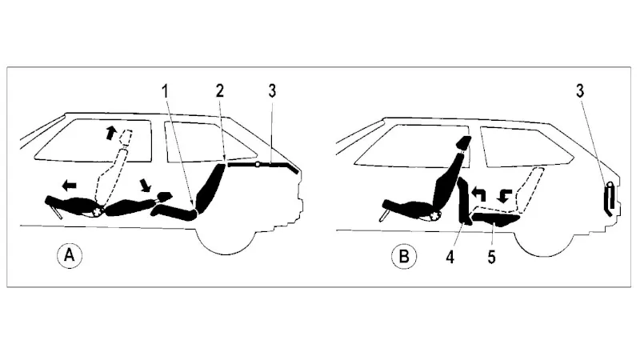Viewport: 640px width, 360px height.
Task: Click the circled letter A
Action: pos(70,255)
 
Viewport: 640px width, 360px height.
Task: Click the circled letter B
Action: pos(404,257)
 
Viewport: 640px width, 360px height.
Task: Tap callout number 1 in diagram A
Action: pos(166,91)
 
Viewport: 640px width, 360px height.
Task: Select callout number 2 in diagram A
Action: pos(220,90)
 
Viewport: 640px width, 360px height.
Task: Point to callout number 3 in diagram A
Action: pos(272,90)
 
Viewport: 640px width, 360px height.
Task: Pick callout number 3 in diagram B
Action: pos(579,90)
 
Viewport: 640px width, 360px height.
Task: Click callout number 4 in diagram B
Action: pos(450,257)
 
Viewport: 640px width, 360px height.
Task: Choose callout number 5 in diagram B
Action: pos(491,257)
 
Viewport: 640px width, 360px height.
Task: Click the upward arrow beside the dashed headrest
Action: pos(110,133)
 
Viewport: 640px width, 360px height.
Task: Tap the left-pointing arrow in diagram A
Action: pos(69,186)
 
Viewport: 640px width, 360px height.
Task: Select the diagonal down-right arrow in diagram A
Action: pos(145,185)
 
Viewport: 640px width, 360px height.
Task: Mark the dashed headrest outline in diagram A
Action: pos(126,137)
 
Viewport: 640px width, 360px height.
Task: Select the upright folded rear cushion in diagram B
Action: pos(465,201)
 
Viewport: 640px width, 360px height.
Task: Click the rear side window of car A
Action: pos(207,142)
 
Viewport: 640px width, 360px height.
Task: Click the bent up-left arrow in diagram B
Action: pos(478,194)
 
